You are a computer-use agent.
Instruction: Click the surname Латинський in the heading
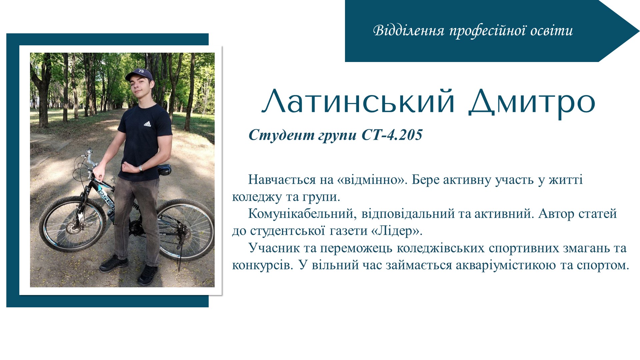pyautogui.click(x=358, y=101)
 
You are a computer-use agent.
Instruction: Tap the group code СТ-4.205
pyautogui.click(x=392, y=135)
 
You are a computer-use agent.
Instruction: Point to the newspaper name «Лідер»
pyautogui.click(x=396, y=231)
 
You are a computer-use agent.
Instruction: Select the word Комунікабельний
pyautogui.click(x=301, y=214)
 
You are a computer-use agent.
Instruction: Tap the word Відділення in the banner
pyautogui.click(x=409, y=31)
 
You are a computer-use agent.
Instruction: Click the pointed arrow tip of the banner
pyautogui.click(x=639, y=31)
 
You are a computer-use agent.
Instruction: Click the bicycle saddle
pyautogui.click(x=164, y=169)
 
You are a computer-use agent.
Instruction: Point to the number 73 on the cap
pyautogui.click(x=141, y=71)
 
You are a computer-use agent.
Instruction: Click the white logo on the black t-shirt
pyautogui.click(x=147, y=124)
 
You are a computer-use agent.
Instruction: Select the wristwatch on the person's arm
pyautogui.click(x=141, y=168)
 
